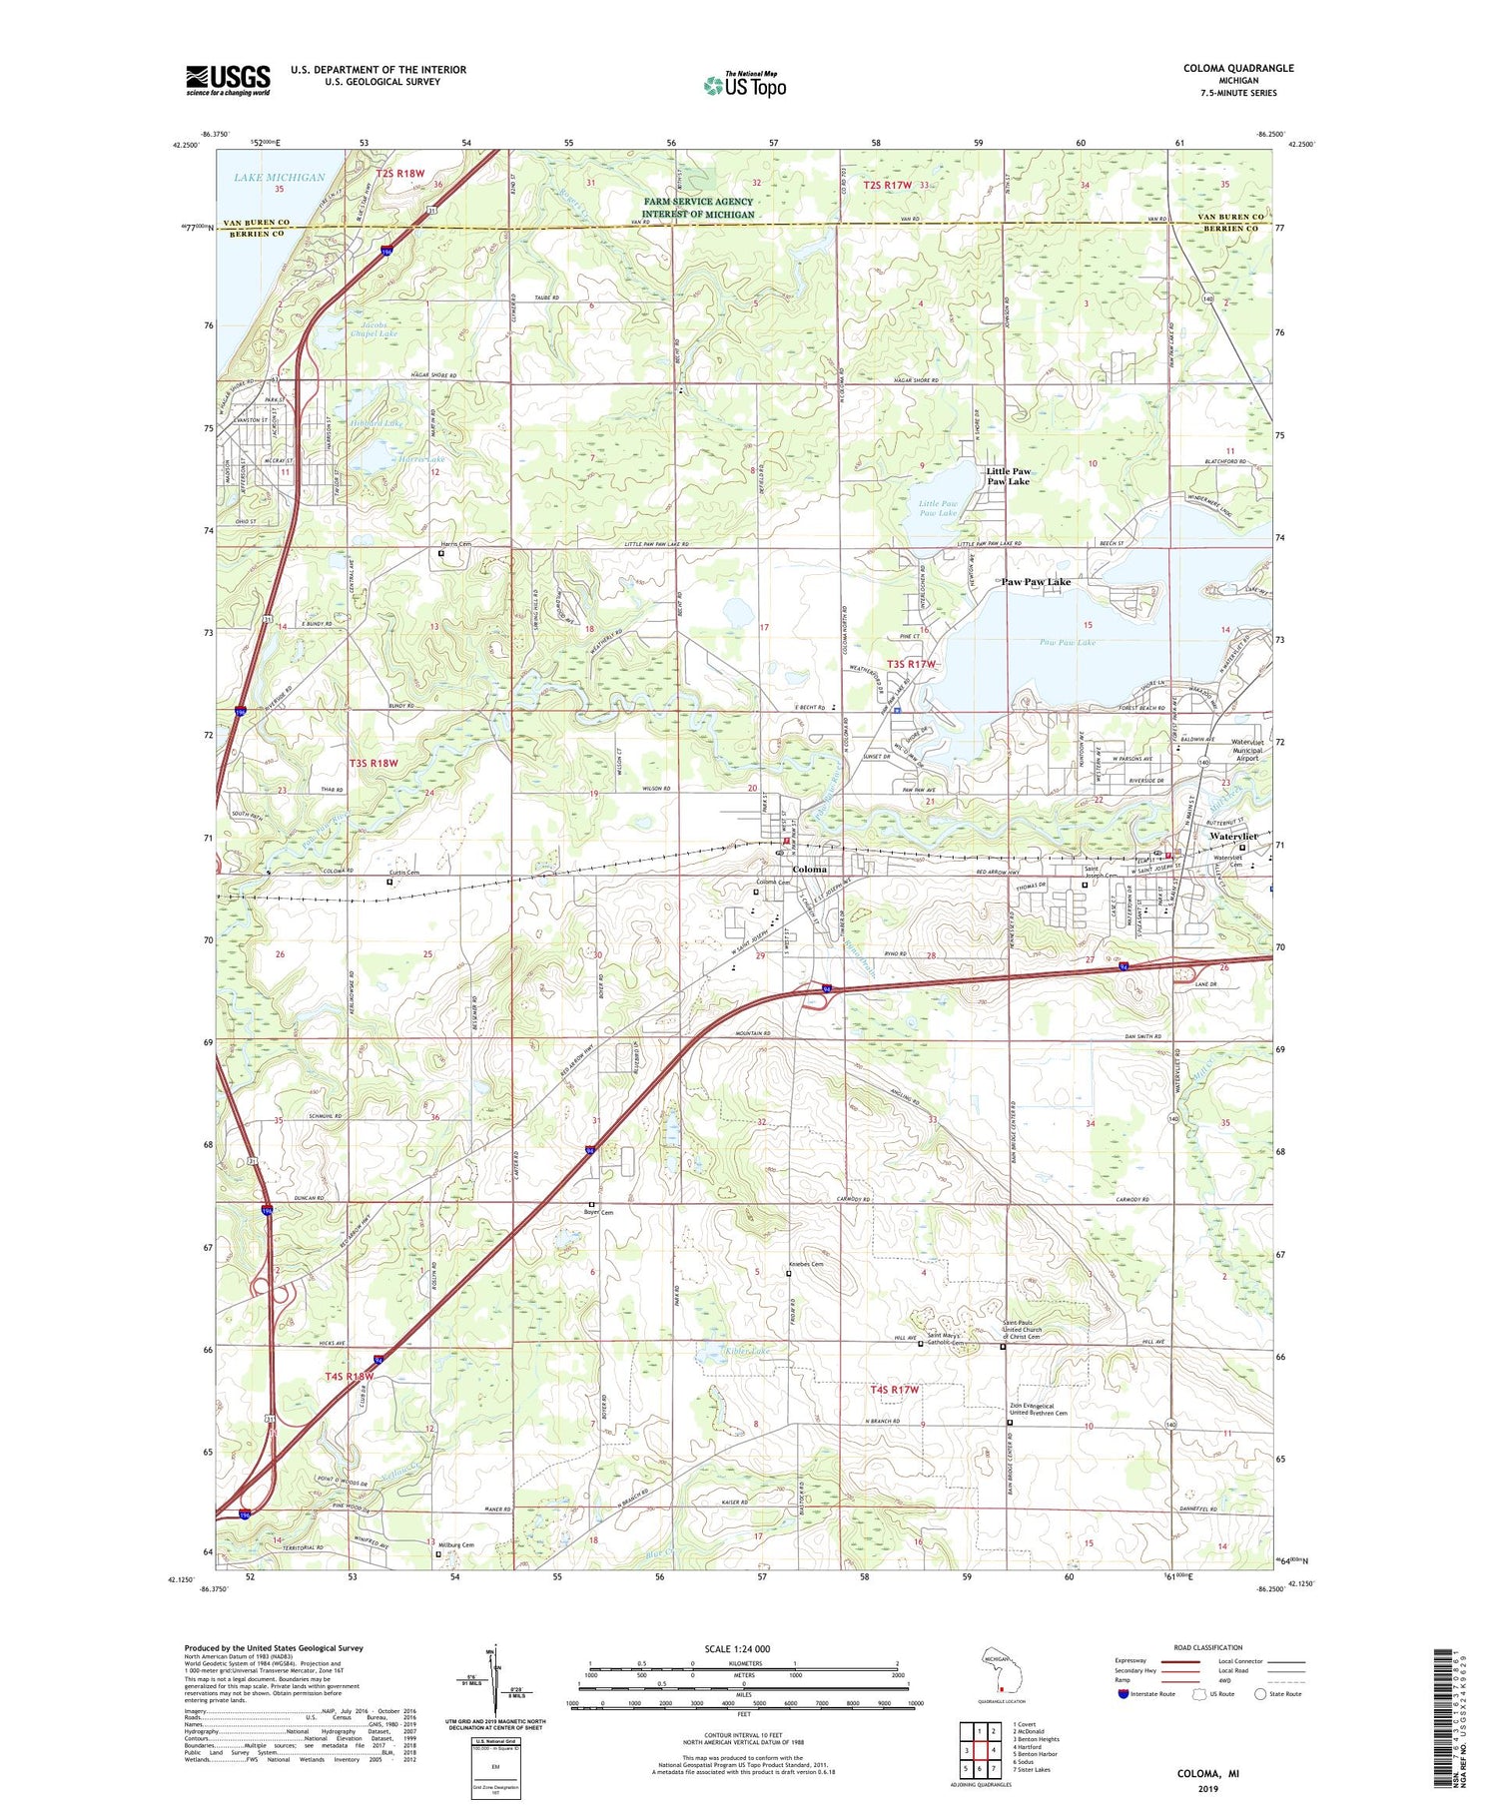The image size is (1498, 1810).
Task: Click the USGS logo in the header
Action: point(228,80)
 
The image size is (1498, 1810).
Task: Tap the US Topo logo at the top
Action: point(744,86)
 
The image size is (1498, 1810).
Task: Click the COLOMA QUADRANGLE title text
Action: point(1238,68)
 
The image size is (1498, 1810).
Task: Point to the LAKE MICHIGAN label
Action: point(280,178)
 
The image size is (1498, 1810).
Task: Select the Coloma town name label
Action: point(809,869)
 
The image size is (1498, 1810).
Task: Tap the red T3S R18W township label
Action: point(374,763)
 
